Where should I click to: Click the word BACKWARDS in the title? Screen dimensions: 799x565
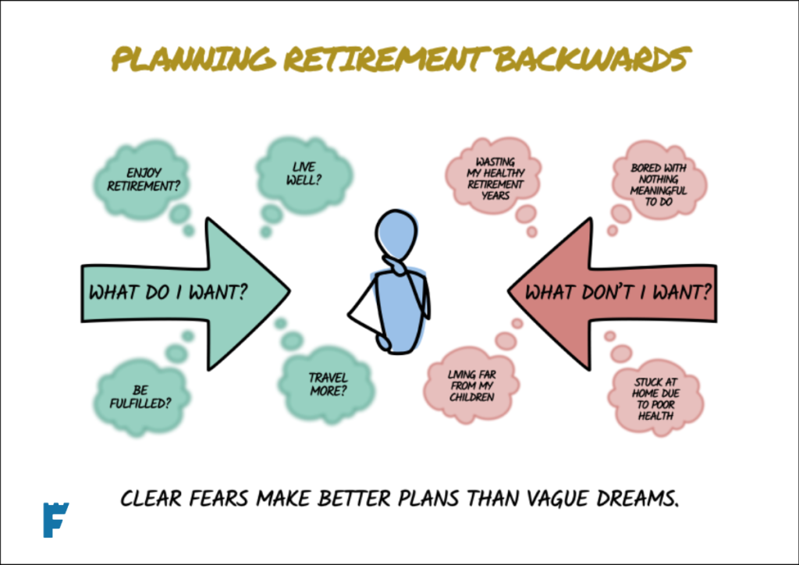click(593, 59)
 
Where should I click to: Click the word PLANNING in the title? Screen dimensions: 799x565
click(194, 59)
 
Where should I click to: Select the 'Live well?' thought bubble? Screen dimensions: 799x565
click(305, 174)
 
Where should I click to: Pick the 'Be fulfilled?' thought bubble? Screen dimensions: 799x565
click(141, 396)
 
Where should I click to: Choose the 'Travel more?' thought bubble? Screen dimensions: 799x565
click(327, 385)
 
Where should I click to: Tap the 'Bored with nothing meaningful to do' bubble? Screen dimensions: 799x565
click(659, 181)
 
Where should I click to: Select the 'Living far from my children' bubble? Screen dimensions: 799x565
click(472, 386)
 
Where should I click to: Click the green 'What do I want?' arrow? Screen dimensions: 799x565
click(186, 293)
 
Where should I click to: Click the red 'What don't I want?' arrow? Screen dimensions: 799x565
click(613, 293)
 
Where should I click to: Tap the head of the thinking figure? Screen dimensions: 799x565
click(396, 234)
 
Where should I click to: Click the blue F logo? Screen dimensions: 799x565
click(55, 520)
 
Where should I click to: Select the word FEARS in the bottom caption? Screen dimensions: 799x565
click(218, 498)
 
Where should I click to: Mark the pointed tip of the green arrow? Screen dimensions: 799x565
click(290, 291)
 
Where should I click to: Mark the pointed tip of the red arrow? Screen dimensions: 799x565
click(508, 291)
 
